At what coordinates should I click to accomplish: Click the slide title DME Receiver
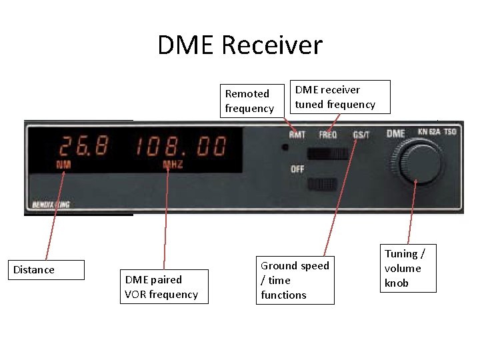240,45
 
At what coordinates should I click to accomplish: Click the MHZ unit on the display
173,164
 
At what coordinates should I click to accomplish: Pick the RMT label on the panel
297,135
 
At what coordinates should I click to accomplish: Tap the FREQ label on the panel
328,135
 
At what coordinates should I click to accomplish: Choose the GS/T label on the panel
361,135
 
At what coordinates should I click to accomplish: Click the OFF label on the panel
297,169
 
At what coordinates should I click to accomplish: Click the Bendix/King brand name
51,205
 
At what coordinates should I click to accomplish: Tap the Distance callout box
47,270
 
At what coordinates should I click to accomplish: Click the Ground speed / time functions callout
295,280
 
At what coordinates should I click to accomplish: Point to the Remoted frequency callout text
250,101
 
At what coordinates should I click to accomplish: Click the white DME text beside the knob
395,133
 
